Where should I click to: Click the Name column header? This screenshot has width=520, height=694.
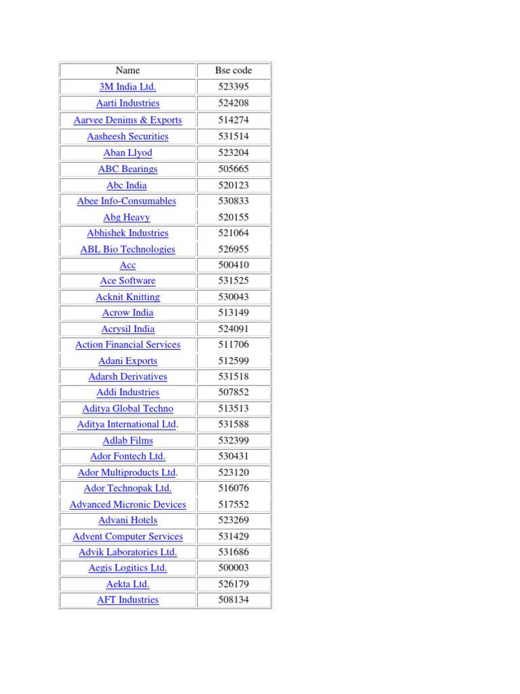pyautogui.click(x=127, y=70)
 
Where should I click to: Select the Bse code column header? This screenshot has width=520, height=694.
pyautogui.click(x=233, y=70)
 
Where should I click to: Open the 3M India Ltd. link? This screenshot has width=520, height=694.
pyautogui.click(x=127, y=87)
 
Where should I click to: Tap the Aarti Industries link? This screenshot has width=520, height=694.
pyautogui.click(x=127, y=103)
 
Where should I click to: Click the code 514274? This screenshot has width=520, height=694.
pyautogui.click(x=233, y=120)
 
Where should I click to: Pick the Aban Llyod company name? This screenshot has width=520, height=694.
pyautogui.click(x=127, y=152)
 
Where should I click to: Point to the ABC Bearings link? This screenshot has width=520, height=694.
pyautogui.click(x=127, y=169)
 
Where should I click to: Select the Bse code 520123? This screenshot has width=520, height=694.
pyautogui.click(x=233, y=185)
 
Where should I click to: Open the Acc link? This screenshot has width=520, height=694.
pyautogui.click(x=127, y=265)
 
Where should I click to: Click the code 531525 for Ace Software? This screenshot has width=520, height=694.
pyautogui.click(x=233, y=281)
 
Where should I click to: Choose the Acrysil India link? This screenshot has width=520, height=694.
pyautogui.click(x=127, y=329)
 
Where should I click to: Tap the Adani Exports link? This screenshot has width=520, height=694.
pyautogui.click(x=127, y=361)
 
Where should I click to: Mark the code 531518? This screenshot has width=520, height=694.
pyautogui.click(x=233, y=377)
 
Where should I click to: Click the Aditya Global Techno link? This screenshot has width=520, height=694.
pyautogui.click(x=127, y=409)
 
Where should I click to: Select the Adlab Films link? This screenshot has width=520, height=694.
pyautogui.click(x=127, y=441)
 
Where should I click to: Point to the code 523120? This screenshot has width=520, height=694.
pyautogui.click(x=233, y=472)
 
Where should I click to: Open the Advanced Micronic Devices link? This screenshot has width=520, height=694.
pyautogui.click(x=127, y=504)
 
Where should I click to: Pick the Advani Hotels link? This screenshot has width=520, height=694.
pyautogui.click(x=127, y=520)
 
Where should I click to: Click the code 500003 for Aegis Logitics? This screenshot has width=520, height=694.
pyautogui.click(x=233, y=568)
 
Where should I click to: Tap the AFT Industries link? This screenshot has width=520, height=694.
pyautogui.click(x=127, y=600)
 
